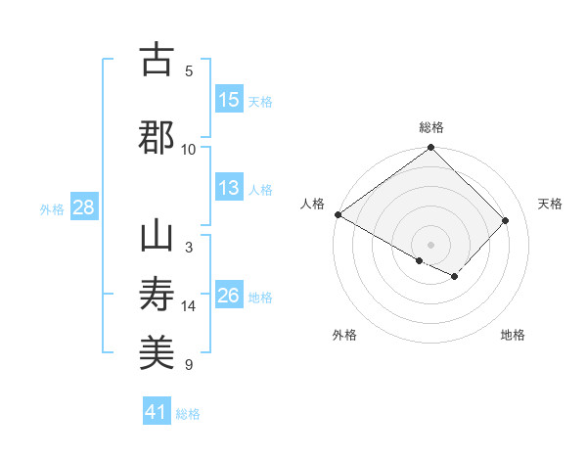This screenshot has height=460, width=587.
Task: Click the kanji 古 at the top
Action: coord(157,60)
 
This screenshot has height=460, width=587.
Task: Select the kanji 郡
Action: coord(157,136)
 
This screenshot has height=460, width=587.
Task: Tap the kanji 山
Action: coord(157,237)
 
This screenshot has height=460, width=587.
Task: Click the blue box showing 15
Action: coord(229,100)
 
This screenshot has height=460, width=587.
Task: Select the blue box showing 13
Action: coord(229,189)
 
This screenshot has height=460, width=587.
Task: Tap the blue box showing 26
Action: coord(229,297)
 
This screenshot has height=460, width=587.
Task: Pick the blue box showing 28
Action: coord(83,208)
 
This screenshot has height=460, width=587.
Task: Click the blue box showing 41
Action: coord(157,412)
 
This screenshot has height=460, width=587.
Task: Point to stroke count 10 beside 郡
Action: coord(189,150)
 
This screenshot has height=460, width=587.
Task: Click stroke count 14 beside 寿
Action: coord(189,306)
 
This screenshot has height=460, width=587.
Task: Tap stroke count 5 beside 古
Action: coord(189,71)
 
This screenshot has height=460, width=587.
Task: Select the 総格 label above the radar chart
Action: coord(430,127)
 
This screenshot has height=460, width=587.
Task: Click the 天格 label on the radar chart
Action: coord(550,204)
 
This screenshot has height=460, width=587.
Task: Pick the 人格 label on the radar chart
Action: coord(313,204)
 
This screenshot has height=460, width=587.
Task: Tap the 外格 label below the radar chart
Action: coord(344,335)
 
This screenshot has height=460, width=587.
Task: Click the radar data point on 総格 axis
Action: coord(430,149)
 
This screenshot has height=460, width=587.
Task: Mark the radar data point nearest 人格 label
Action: coord(338,214)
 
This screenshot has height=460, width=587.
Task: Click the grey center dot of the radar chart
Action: coord(430,244)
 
